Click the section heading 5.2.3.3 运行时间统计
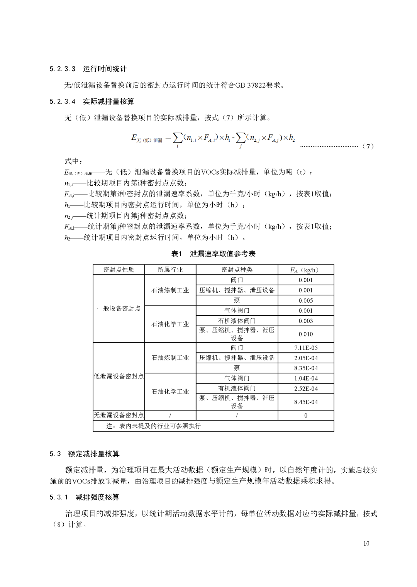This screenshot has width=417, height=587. coord(88,69)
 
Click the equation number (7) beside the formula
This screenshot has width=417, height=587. coord(368,147)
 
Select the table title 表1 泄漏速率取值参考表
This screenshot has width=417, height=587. coord(213,254)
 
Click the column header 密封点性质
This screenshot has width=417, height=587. coord(119,270)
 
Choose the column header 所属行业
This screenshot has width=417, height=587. coord(170,270)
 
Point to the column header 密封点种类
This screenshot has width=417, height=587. coord(237,270)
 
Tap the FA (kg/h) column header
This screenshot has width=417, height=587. coord(305,270)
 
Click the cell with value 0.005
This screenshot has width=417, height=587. coord(305,300)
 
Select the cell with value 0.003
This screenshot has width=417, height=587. coord(305,321)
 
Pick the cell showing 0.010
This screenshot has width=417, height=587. coord(305,334)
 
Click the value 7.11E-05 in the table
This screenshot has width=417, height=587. coord(305,348)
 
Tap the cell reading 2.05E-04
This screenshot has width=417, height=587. coord(305,358)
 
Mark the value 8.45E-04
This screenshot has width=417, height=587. coord(305,402)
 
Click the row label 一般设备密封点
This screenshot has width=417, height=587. coord(119,309)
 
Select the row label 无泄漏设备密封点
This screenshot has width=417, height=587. coord(119,415)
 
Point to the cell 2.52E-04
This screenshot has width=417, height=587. coord(305,389)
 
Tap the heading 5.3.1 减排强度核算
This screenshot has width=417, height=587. coord(85,497)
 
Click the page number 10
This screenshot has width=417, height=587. coord(366,543)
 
